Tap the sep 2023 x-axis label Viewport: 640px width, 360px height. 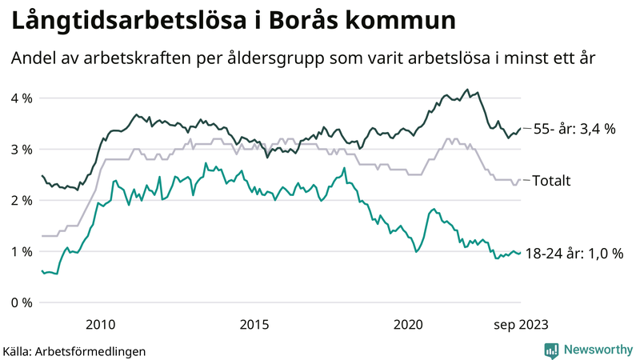pos(521,324)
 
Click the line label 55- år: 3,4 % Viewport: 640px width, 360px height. pos(574,128)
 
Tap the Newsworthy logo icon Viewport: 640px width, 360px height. pos(551,349)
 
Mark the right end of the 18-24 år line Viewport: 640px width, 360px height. pos(521,253)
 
